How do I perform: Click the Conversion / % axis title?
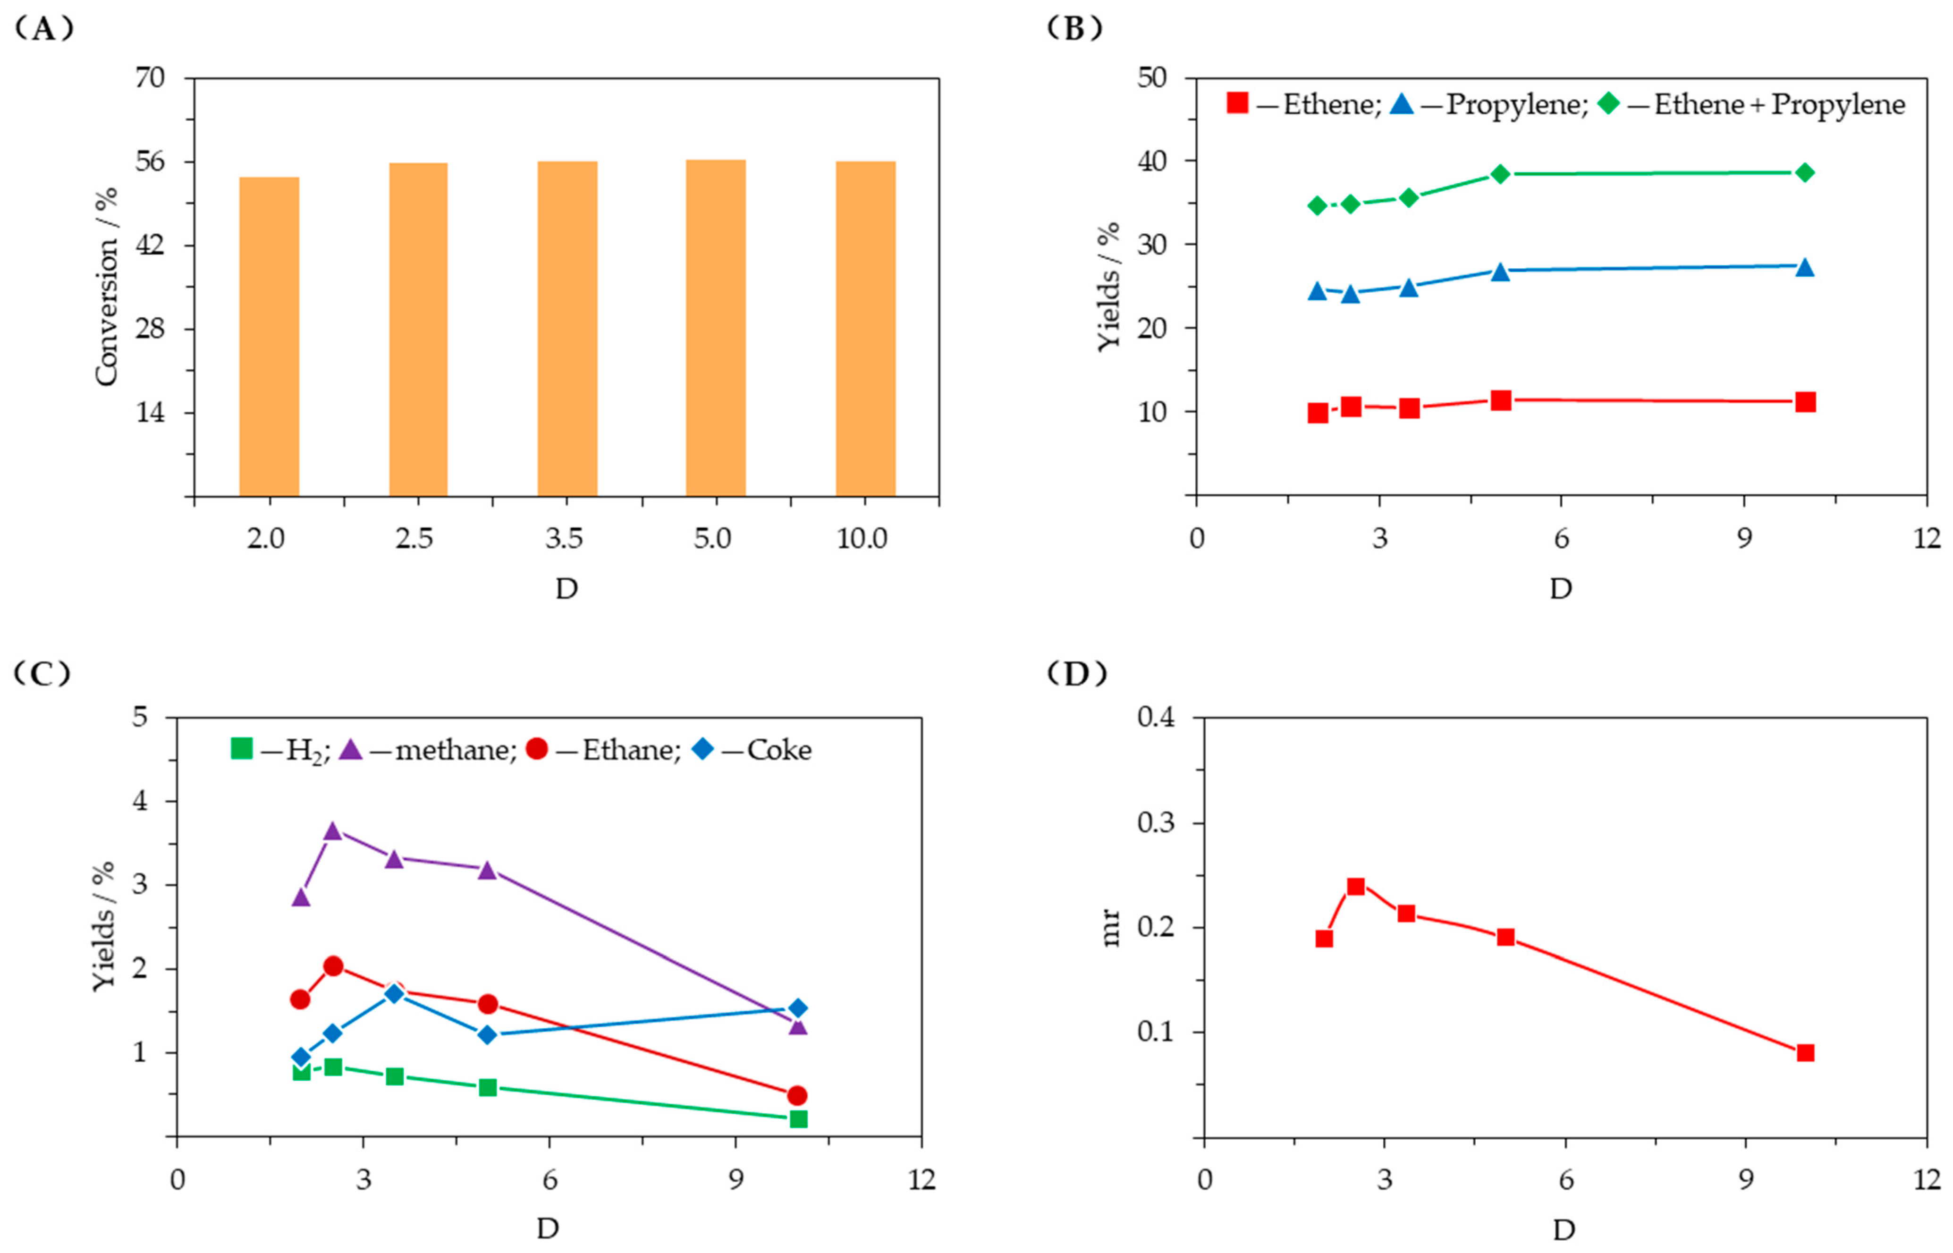(x=107, y=287)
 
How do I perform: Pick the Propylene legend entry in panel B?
(x=1488, y=104)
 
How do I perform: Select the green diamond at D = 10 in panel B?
(x=1805, y=172)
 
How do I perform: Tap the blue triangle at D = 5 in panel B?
(x=1501, y=271)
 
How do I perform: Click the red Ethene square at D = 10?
(x=1805, y=402)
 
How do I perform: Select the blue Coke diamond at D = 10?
(x=798, y=1008)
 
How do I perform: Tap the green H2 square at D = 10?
(x=798, y=1119)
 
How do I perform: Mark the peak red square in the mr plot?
(x=1355, y=887)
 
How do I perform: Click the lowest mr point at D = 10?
(x=1805, y=1053)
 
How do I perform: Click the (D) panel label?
(x=1075, y=674)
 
